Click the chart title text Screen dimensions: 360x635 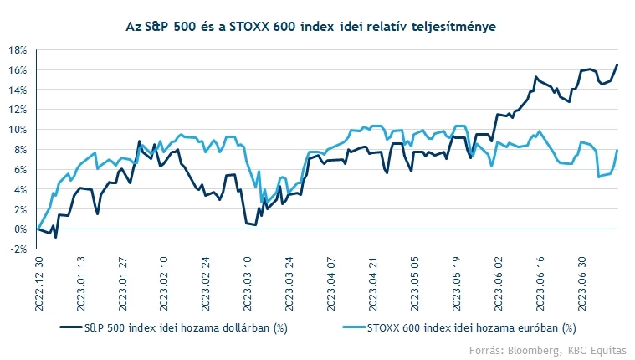click(317, 28)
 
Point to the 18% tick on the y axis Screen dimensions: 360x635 click(19, 49)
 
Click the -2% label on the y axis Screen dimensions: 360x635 click(20, 249)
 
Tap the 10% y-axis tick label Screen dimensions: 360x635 click(19, 130)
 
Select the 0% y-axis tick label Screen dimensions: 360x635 click(22, 229)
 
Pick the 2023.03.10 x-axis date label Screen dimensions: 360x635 click(248, 284)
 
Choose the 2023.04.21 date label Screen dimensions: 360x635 click(374, 284)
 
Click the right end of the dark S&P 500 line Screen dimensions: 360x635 click(617, 65)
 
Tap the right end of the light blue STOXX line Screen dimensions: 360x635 click(617, 151)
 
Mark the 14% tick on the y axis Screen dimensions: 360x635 click(19, 90)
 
